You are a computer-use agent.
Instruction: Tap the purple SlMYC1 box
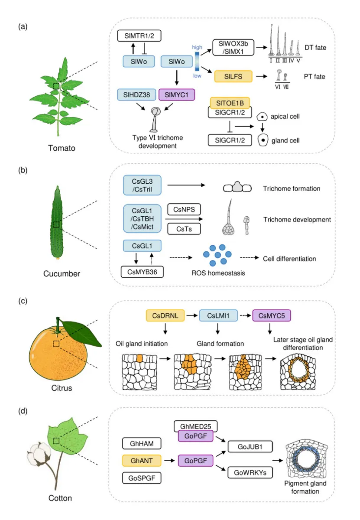coord(177,94)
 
